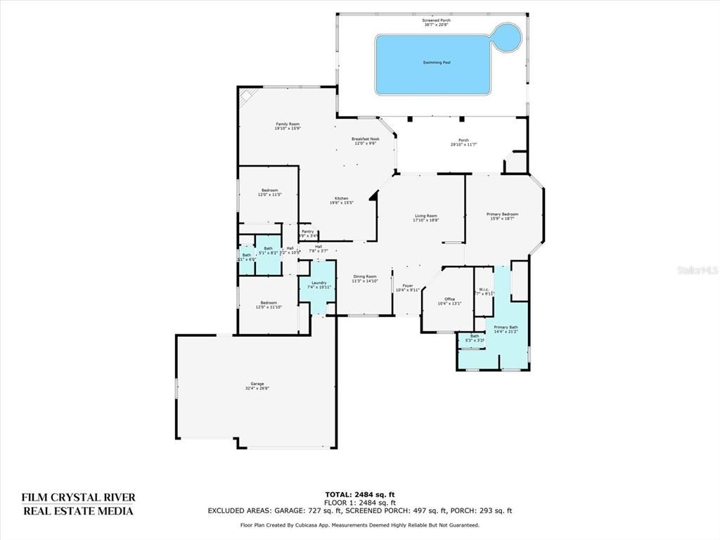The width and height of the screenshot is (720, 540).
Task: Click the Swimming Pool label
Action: pos(437,63)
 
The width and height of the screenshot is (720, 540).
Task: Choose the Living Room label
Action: pos(425,217)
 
